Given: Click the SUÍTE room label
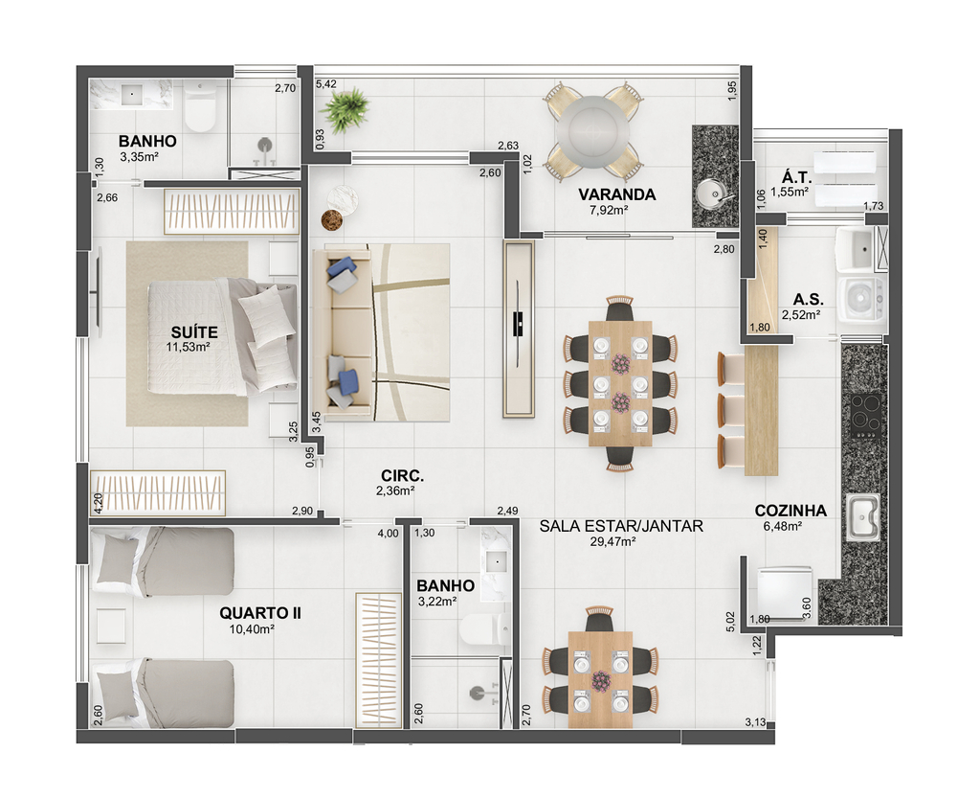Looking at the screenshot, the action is [194, 331].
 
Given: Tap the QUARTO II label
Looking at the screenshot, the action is [260, 613].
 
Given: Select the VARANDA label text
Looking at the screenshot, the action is [617, 194].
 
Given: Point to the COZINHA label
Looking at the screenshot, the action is [791, 511].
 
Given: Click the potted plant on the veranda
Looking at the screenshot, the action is [344, 110].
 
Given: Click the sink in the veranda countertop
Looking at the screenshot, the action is [711, 193].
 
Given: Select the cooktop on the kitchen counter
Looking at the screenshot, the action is [865, 415].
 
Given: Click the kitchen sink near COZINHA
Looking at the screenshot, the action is [863, 517].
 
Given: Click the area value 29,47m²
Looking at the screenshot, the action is [612, 541].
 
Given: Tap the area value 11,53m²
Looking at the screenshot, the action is [188, 347].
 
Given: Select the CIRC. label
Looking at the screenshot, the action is [403, 476].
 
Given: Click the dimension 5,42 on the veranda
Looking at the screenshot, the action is [325, 83].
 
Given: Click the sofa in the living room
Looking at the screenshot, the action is [343, 331].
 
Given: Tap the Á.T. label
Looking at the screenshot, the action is [796, 177].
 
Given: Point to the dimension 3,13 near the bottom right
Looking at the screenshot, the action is [755, 722].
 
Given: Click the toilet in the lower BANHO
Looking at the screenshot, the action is [483, 629].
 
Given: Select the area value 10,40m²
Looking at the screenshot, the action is [252, 629].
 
